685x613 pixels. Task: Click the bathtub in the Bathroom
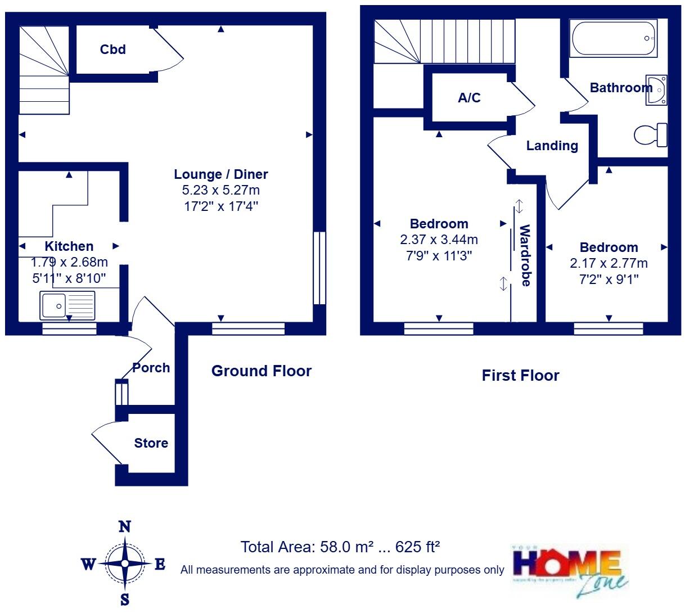pyautogui.click(x=613, y=38)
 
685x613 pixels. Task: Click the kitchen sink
pyautogui.click(x=67, y=305)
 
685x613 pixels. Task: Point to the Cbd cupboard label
pyautogui.click(x=112, y=49)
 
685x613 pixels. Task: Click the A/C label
pyautogui.click(x=469, y=98)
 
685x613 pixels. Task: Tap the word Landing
pyautogui.click(x=552, y=146)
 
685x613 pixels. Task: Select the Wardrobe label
pyautogui.click(x=525, y=255)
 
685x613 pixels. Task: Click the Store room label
pyautogui.click(x=151, y=443)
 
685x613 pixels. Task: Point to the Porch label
pyautogui.click(x=151, y=368)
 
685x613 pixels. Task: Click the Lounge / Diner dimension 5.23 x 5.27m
pyautogui.click(x=220, y=190)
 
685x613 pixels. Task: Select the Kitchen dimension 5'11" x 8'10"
pyautogui.click(x=69, y=277)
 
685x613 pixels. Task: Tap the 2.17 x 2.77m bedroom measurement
pyautogui.click(x=609, y=263)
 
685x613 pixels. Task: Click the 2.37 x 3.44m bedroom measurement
pyautogui.click(x=439, y=240)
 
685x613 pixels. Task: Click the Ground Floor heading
pyautogui.click(x=261, y=371)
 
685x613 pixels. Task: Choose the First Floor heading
pyautogui.click(x=520, y=376)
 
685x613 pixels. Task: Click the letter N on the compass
pyautogui.click(x=125, y=527)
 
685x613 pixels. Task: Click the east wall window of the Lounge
pyautogui.click(x=319, y=268)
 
